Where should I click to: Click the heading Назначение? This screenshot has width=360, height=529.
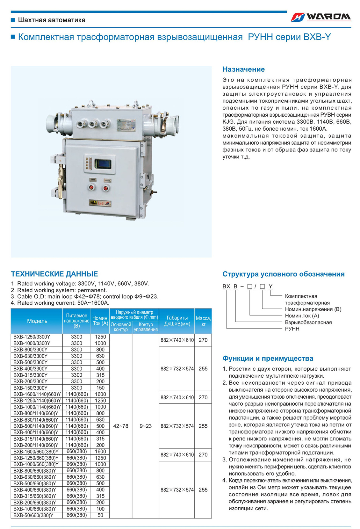[x=243, y=69]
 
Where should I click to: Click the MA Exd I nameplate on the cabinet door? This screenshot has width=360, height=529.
[x=100, y=203]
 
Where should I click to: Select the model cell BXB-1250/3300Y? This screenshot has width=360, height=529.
[x=32, y=337]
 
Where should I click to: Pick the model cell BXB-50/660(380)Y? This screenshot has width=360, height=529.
[x=33, y=515]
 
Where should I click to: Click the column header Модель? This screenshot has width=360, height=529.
[x=37, y=321]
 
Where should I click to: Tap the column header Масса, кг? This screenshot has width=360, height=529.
[x=203, y=321]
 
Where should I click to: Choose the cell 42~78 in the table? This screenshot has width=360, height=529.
[x=121, y=426]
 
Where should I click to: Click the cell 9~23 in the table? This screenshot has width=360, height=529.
[x=146, y=426]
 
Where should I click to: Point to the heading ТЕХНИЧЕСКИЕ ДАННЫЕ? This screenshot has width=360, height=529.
[x=54, y=274]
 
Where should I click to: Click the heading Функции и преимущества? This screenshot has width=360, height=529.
[x=268, y=359]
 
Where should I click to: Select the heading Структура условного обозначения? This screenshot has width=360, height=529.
[x=283, y=274]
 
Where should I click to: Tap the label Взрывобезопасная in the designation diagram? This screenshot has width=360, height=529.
[x=308, y=322]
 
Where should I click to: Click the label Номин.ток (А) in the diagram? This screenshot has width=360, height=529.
[x=302, y=315]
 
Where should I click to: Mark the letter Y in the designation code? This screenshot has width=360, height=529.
[x=270, y=286]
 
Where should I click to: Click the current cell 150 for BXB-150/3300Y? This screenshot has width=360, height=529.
[x=100, y=388]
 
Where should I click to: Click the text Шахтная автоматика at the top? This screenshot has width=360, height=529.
[x=52, y=20]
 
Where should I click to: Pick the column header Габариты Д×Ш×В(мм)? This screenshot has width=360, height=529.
[x=177, y=321]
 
